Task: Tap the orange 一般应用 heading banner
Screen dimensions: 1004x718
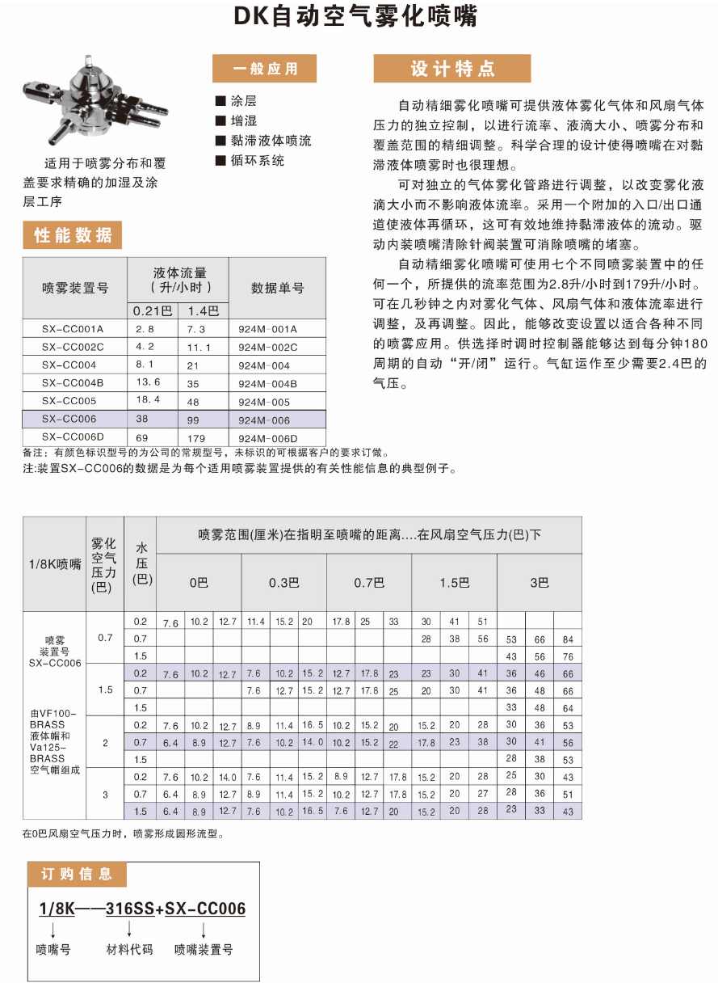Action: pyautogui.click(x=264, y=69)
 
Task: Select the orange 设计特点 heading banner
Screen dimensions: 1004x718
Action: pyautogui.click(x=451, y=69)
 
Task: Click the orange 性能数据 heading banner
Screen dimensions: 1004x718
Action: pyautogui.click(x=73, y=235)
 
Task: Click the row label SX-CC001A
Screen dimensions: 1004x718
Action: pyautogui.click(x=73, y=329)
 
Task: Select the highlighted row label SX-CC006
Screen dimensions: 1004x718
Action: pyautogui.click(x=69, y=419)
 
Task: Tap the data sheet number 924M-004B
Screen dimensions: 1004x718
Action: pyautogui.click(x=268, y=383)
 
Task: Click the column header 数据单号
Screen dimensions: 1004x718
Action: pyautogui.click(x=277, y=288)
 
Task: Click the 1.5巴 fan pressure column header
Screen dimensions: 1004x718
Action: pyautogui.click(x=454, y=582)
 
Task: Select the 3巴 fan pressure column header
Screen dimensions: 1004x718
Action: pyautogui.click(x=539, y=582)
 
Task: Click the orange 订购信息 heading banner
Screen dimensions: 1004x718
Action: pyautogui.click(x=77, y=874)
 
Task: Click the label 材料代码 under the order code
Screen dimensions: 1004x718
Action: pyautogui.click(x=129, y=949)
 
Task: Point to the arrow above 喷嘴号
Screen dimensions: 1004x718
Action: pyautogui.click(x=53, y=929)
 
